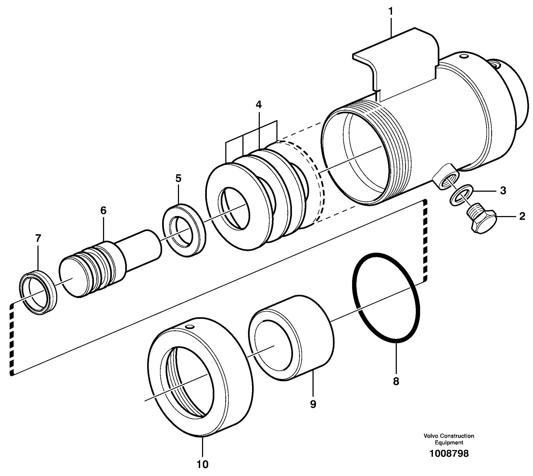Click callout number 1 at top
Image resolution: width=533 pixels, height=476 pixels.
pyautogui.click(x=391, y=12)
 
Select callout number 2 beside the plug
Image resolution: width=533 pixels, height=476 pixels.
pyautogui.click(x=522, y=216)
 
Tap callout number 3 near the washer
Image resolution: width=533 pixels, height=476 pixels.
pyautogui.click(x=503, y=191)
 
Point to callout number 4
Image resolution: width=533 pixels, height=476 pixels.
pyautogui.click(x=258, y=105)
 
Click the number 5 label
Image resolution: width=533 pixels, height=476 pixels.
pyautogui.click(x=178, y=178)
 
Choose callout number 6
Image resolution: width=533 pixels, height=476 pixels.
pyautogui.click(x=103, y=210)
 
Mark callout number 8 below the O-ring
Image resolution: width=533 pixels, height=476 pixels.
pyautogui.click(x=396, y=381)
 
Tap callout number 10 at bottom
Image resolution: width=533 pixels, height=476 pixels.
pyautogui.click(x=203, y=464)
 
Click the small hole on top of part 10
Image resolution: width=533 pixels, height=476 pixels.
pyautogui.click(x=190, y=327)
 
